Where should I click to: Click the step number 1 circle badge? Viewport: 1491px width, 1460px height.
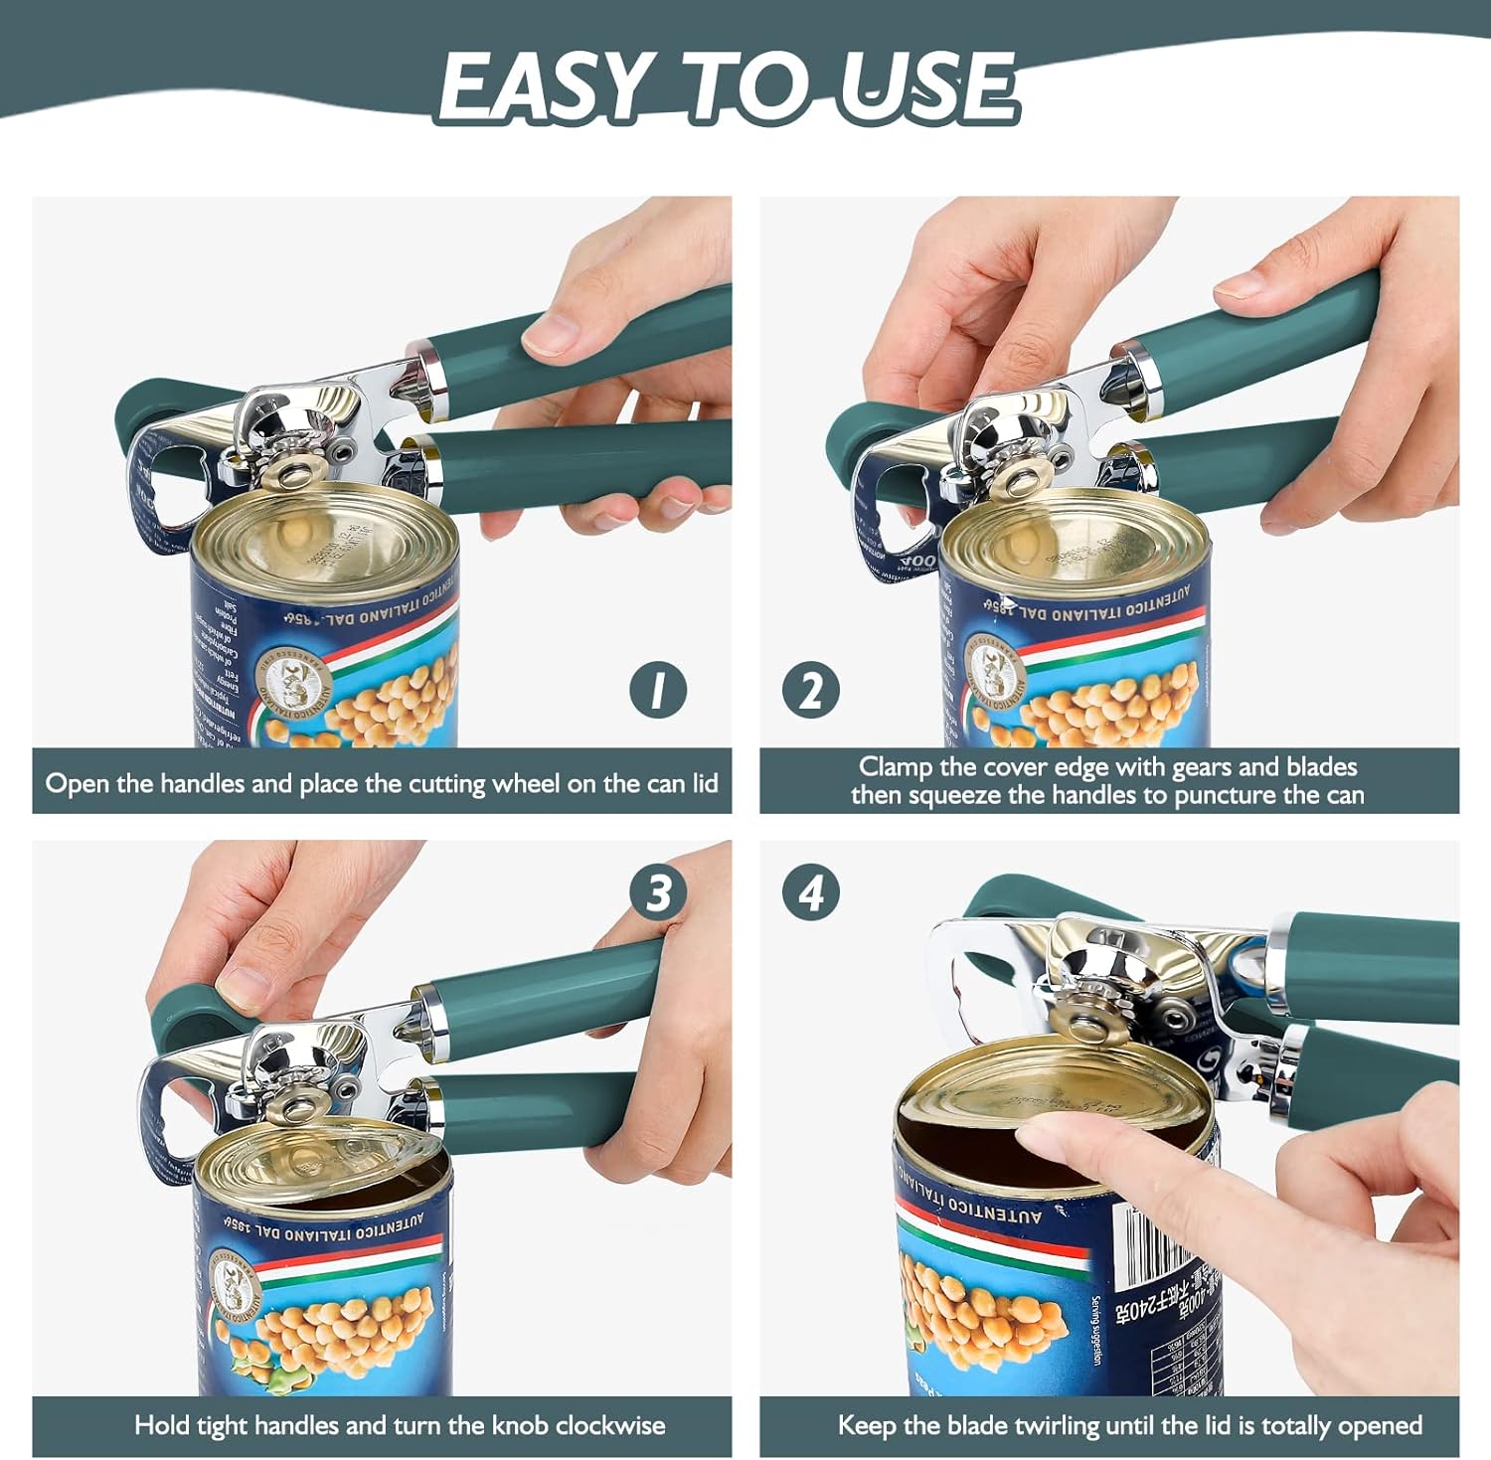[658, 689]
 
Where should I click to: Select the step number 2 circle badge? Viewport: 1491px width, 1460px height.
[810, 689]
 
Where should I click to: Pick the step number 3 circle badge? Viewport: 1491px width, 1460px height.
[658, 892]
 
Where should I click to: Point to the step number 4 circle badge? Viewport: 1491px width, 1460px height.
[810, 892]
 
